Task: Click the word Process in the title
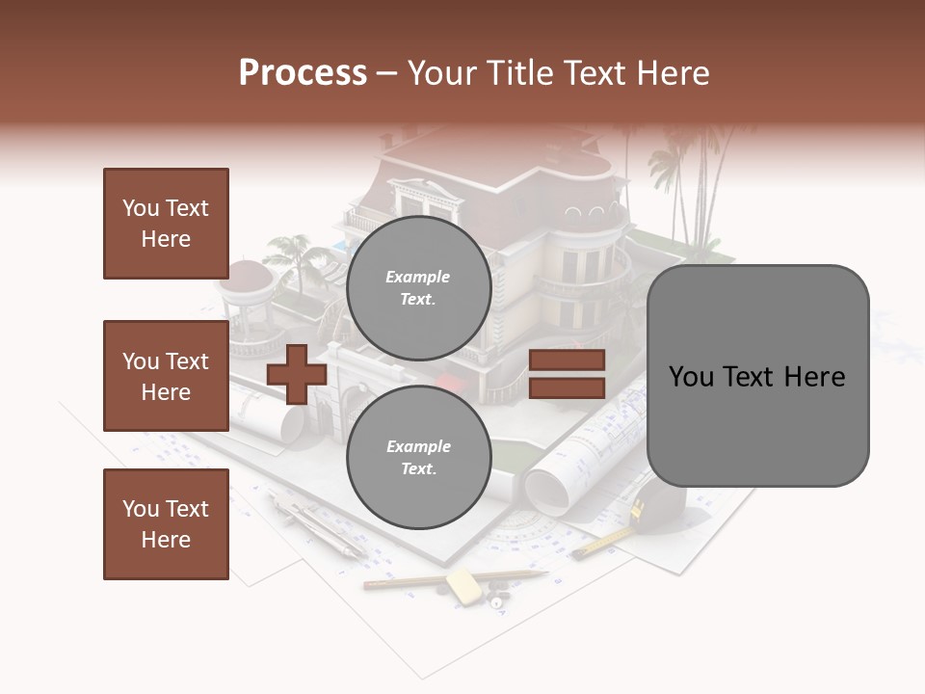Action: point(303,73)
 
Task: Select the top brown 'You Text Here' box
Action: point(166,224)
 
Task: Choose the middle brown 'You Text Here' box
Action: point(166,376)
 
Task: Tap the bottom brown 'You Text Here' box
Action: point(166,524)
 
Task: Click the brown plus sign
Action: point(296,374)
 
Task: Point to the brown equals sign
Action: point(567,374)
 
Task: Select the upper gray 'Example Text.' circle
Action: point(418,287)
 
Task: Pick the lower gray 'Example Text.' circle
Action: point(418,457)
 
